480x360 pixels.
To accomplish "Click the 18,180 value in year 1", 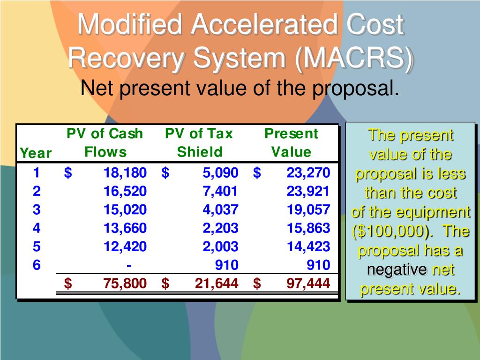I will pos(125,173).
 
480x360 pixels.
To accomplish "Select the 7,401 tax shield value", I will pos(220,191).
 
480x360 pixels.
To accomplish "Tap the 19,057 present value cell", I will pos(308,210).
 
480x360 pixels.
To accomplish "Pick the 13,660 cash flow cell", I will pos(125,228).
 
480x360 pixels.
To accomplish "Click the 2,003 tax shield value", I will pos(220,247).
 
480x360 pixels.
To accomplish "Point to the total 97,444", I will pos(308,283).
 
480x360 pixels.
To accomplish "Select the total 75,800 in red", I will pos(125,283).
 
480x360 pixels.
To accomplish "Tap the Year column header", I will pos(36,153).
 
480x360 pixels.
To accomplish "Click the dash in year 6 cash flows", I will pos(129,265).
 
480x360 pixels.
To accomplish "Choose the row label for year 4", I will pos(37,228).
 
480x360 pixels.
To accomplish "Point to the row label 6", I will pos(37,265).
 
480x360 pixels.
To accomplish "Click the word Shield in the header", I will pos(199,152).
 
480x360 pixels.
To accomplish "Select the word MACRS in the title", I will pos(355,58).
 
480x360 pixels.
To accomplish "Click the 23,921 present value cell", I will pos(308,191).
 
